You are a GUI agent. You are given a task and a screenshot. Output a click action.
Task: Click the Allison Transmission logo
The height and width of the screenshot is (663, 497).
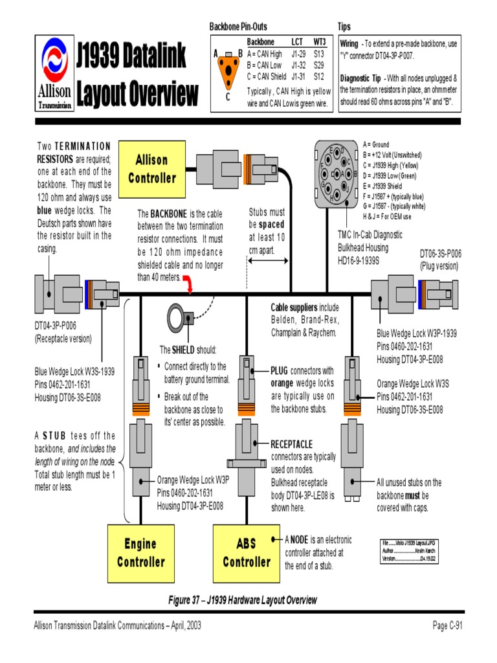pos(54,74)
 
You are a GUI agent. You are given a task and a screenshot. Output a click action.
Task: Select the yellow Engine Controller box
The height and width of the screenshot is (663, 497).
pos(140,552)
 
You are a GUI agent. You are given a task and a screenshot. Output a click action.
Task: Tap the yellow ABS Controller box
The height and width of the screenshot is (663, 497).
pos(247,552)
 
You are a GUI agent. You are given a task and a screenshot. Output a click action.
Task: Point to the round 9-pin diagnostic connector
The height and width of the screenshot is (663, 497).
pos(339,172)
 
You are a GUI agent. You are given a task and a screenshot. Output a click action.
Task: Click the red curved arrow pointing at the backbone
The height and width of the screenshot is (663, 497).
pos(188,282)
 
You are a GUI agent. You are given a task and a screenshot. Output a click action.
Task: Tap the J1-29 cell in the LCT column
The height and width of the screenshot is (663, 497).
pos(298,54)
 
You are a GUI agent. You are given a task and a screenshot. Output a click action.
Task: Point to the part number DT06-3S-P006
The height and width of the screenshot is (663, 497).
pos(440,254)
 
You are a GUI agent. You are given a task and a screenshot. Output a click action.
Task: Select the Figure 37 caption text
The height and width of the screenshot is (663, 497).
pos(243,600)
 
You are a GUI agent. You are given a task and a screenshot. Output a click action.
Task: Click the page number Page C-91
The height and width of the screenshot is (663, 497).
pos(448,625)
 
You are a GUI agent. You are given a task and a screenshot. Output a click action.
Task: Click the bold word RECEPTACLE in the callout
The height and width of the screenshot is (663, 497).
pos(291,444)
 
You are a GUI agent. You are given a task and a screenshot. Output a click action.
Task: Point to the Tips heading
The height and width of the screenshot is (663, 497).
pos(344,27)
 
